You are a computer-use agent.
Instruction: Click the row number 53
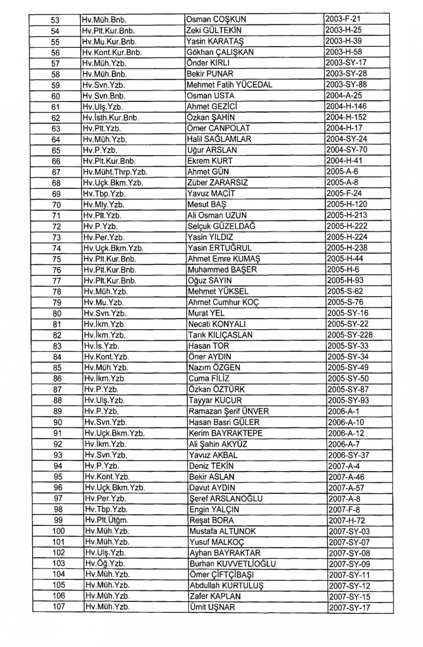click(x=55, y=20)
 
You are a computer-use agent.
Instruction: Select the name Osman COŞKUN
click(x=216, y=19)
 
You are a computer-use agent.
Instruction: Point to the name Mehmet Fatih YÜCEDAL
click(x=230, y=85)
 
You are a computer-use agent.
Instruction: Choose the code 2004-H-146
click(x=346, y=106)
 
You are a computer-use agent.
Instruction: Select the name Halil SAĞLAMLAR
click(x=219, y=139)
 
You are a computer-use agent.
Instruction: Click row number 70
click(x=56, y=205)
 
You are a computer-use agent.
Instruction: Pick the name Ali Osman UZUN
click(x=217, y=216)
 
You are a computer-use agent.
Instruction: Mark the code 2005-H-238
click(x=347, y=248)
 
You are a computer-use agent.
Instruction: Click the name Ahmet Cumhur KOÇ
click(x=223, y=303)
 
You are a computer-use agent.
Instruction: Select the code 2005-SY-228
click(x=350, y=335)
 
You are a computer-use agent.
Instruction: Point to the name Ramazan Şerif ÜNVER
click(x=229, y=412)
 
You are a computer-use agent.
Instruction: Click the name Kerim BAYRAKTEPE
click(x=226, y=433)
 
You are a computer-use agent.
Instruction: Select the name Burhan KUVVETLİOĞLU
click(x=233, y=564)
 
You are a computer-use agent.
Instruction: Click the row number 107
click(x=59, y=607)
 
